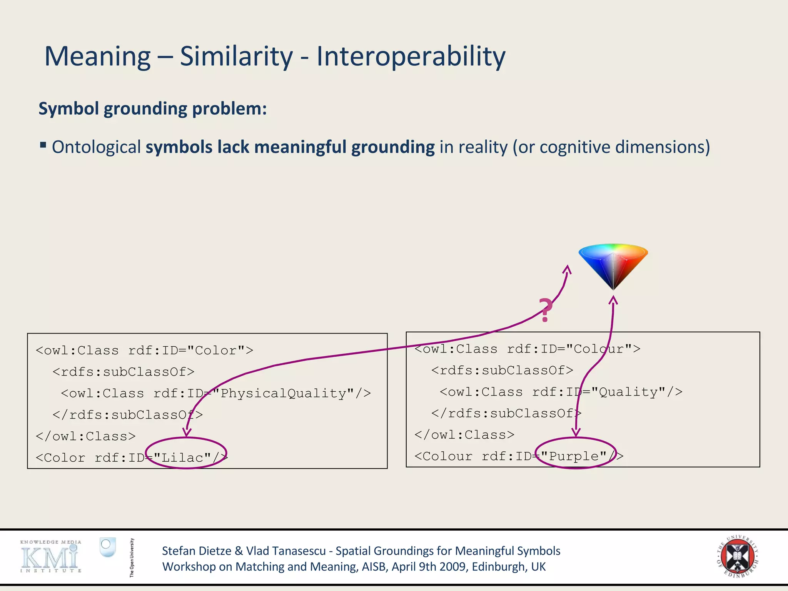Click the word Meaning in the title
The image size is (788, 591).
click(x=98, y=56)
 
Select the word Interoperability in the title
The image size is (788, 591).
click(x=411, y=56)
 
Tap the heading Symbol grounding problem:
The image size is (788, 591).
click(x=153, y=109)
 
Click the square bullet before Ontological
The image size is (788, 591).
click(x=43, y=145)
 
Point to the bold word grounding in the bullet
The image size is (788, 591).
click(x=393, y=147)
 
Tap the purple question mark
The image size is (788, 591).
click(x=545, y=310)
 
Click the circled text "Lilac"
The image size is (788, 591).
click(x=186, y=457)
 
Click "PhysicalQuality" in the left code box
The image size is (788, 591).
click(x=283, y=393)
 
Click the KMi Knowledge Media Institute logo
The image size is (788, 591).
click(x=51, y=557)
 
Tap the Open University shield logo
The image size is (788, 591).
click(x=107, y=547)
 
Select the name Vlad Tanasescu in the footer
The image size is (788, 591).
click(x=286, y=551)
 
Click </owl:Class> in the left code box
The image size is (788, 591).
click(x=85, y=436)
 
